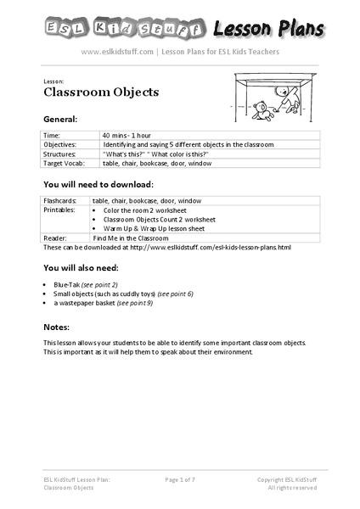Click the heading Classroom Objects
coord(89,92)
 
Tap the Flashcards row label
coord(60,200)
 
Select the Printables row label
coord(59,210)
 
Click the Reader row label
coord(54,238)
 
